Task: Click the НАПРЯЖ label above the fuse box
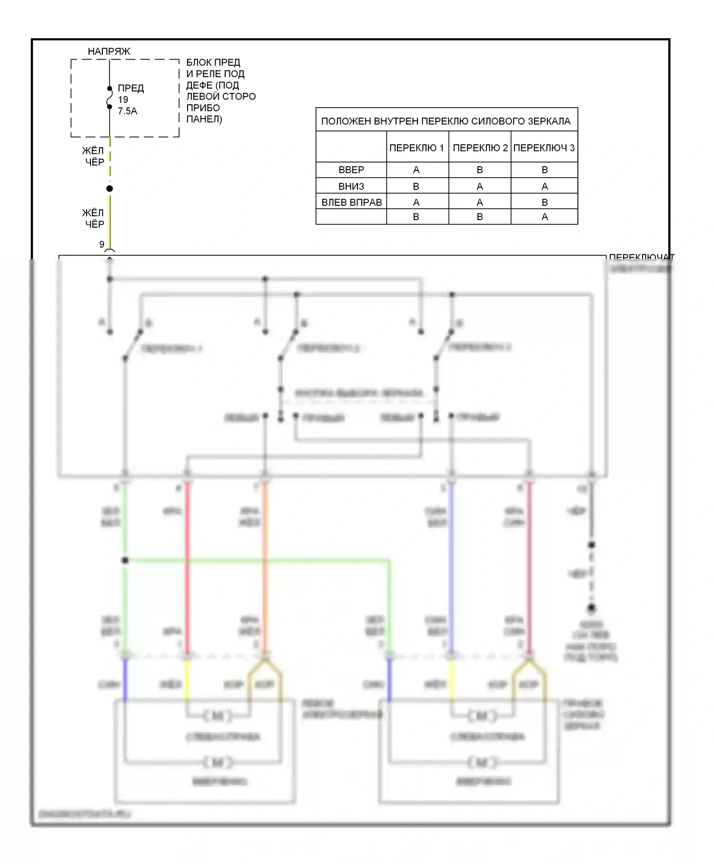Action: pos(109,51)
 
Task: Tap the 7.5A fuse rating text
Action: pos(127,111)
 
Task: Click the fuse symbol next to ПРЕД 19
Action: pos(109,98)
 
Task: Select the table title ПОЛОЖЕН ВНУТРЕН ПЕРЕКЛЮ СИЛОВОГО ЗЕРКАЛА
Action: pos(446,121)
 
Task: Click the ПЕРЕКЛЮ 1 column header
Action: pos(416,148)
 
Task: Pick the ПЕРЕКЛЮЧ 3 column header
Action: pos(544,148)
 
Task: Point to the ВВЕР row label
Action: pos(351,170)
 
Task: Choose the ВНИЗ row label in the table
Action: pos(351,186)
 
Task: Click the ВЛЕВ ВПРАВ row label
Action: pos(351,202)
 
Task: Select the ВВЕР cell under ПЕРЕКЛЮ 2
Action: pos(479,170)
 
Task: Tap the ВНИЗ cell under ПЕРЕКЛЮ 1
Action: pos(416,186)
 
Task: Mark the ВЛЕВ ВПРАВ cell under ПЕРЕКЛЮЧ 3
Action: pos(545,202)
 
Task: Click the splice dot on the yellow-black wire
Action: pos(109,189)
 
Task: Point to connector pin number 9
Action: pos(101,244)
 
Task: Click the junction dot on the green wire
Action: pos(125,561)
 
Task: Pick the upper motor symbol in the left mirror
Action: pos(218,716)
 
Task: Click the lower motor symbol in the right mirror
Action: pos(481,763)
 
